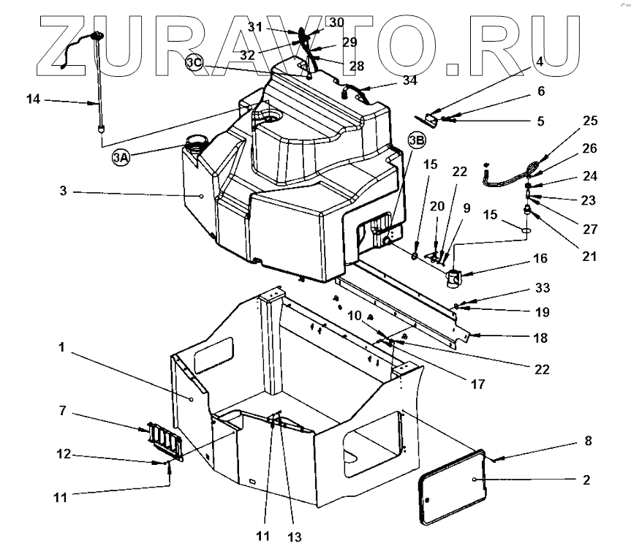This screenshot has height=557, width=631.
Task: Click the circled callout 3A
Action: click(x=121, y=157)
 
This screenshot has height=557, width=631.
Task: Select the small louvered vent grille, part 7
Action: click(x=161, y=441)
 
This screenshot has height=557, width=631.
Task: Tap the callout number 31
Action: click(x=254, y=27)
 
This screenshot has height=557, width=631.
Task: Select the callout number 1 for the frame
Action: click(x=62, y=348)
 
